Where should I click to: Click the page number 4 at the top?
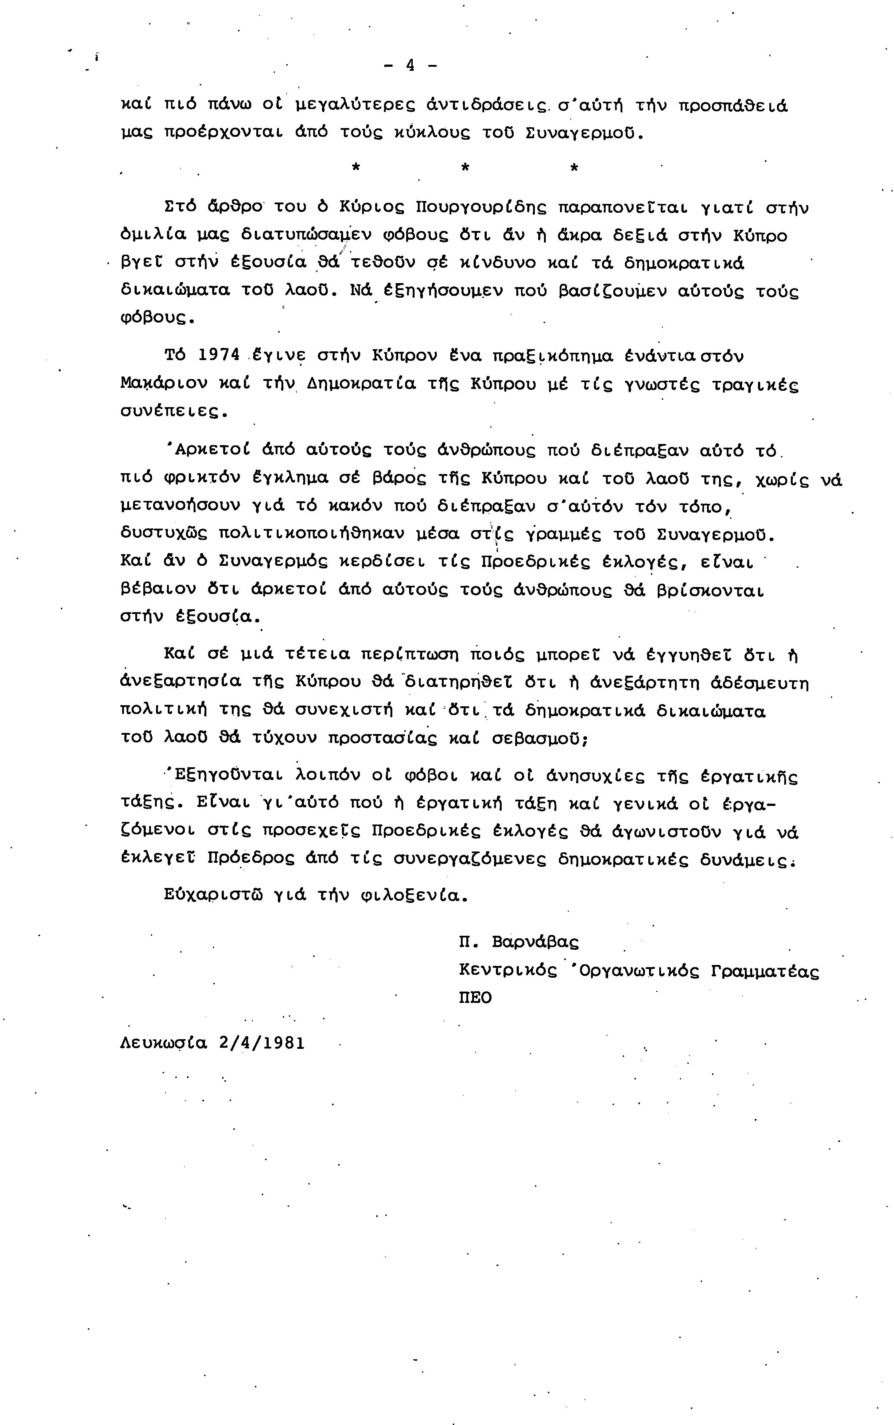click(x=410, y=65)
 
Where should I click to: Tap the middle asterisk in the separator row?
click(x=465, y=168)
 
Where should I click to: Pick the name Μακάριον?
click(x=164, y=383)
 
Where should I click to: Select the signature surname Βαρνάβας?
click(x=535, y=942)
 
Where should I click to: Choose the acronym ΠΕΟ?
click(x=475, y=998)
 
